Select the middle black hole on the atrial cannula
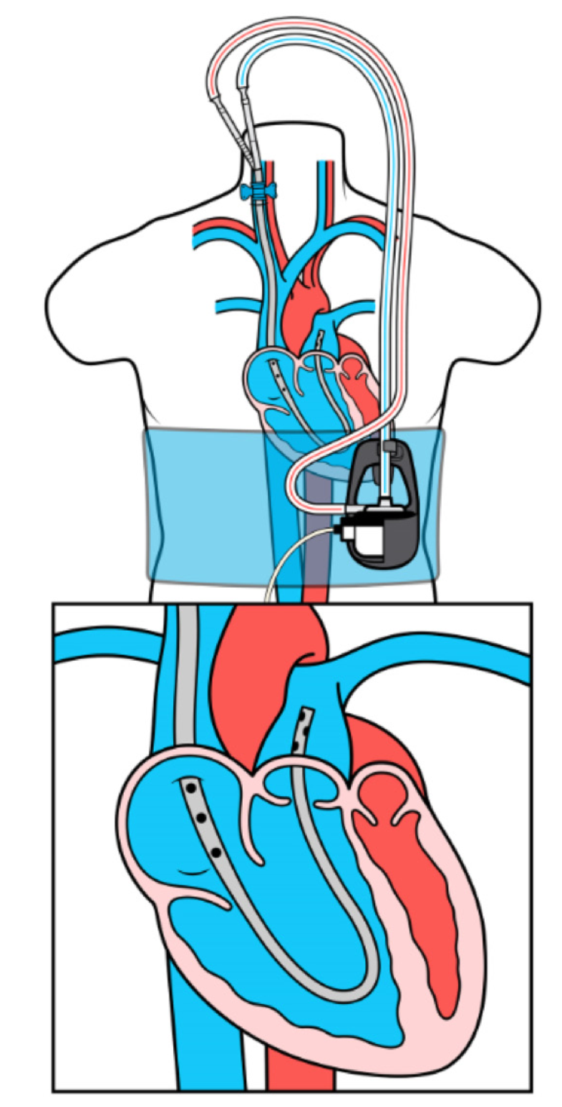[203, 818]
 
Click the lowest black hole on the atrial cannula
[214, 851]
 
